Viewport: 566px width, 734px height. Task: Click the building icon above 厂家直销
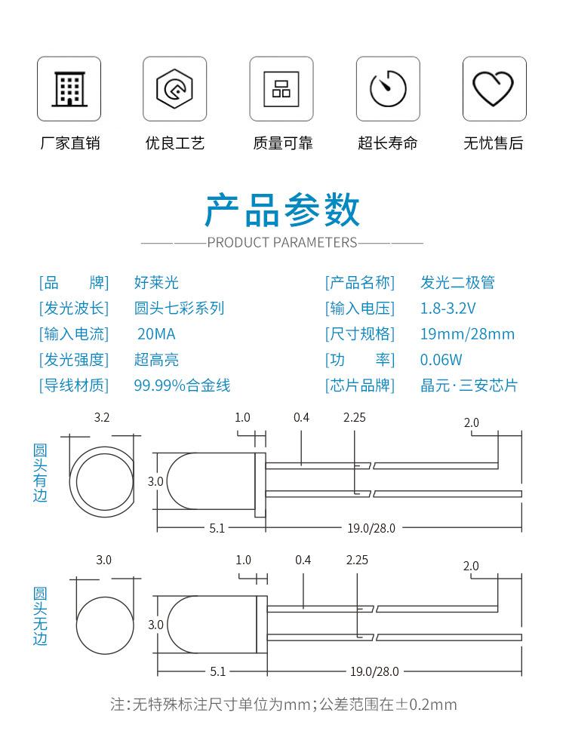tap(69, 89)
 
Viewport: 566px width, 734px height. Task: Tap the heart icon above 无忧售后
tap(494, 88)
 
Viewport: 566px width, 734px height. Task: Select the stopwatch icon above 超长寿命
tap(388, 88)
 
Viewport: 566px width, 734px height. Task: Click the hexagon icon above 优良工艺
tap(174, 88)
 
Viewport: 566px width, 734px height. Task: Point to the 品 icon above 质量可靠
tap(281, 89)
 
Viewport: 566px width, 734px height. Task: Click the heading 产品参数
tap(282, 210)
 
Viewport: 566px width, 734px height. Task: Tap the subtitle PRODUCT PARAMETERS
tap(282, 242)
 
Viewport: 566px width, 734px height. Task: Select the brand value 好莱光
tap(156, 282)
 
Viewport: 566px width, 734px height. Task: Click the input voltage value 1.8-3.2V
tap(448, 308)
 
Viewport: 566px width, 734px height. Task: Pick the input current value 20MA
tap(156, 333)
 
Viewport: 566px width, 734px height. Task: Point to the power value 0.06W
tap(441, 360)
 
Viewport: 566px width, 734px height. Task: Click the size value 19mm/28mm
tap(467, 333)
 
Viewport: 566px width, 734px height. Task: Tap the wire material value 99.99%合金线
tap(182, 385)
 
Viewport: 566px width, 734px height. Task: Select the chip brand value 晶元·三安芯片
tap(469, 385)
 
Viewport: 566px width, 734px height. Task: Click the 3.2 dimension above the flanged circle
tap(102, 417)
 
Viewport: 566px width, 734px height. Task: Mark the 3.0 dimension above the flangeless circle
tap(103, 560)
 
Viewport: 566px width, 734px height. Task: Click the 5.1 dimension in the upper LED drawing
tap(217, 529)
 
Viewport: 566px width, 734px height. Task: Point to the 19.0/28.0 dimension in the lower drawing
tap(374, 671)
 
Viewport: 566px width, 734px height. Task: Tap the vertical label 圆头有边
tap(40, 473)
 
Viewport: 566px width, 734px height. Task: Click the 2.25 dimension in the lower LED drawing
tap(357, 560)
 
